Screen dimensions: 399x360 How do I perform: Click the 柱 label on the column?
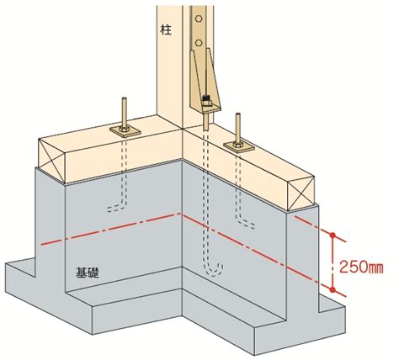166,29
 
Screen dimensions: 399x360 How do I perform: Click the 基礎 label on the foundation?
88,273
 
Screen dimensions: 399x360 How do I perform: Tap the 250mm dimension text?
361,267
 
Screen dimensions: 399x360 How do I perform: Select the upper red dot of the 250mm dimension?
332,235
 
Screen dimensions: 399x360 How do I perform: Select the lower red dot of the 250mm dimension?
332,289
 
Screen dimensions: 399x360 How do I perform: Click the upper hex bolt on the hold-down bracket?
199,19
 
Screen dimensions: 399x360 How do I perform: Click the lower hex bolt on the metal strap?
199,43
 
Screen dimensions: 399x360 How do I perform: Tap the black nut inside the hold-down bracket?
206,98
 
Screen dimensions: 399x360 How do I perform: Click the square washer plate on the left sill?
125,131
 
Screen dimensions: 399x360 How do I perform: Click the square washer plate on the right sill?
239,146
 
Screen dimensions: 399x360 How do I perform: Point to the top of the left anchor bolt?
125,98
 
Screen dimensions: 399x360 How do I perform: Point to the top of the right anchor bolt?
238,114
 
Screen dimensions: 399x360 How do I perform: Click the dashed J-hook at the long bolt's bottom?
213,271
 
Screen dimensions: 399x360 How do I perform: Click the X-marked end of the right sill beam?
301,193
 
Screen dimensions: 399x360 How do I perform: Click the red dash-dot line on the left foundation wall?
111,229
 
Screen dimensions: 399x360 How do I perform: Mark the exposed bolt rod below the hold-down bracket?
206,121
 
